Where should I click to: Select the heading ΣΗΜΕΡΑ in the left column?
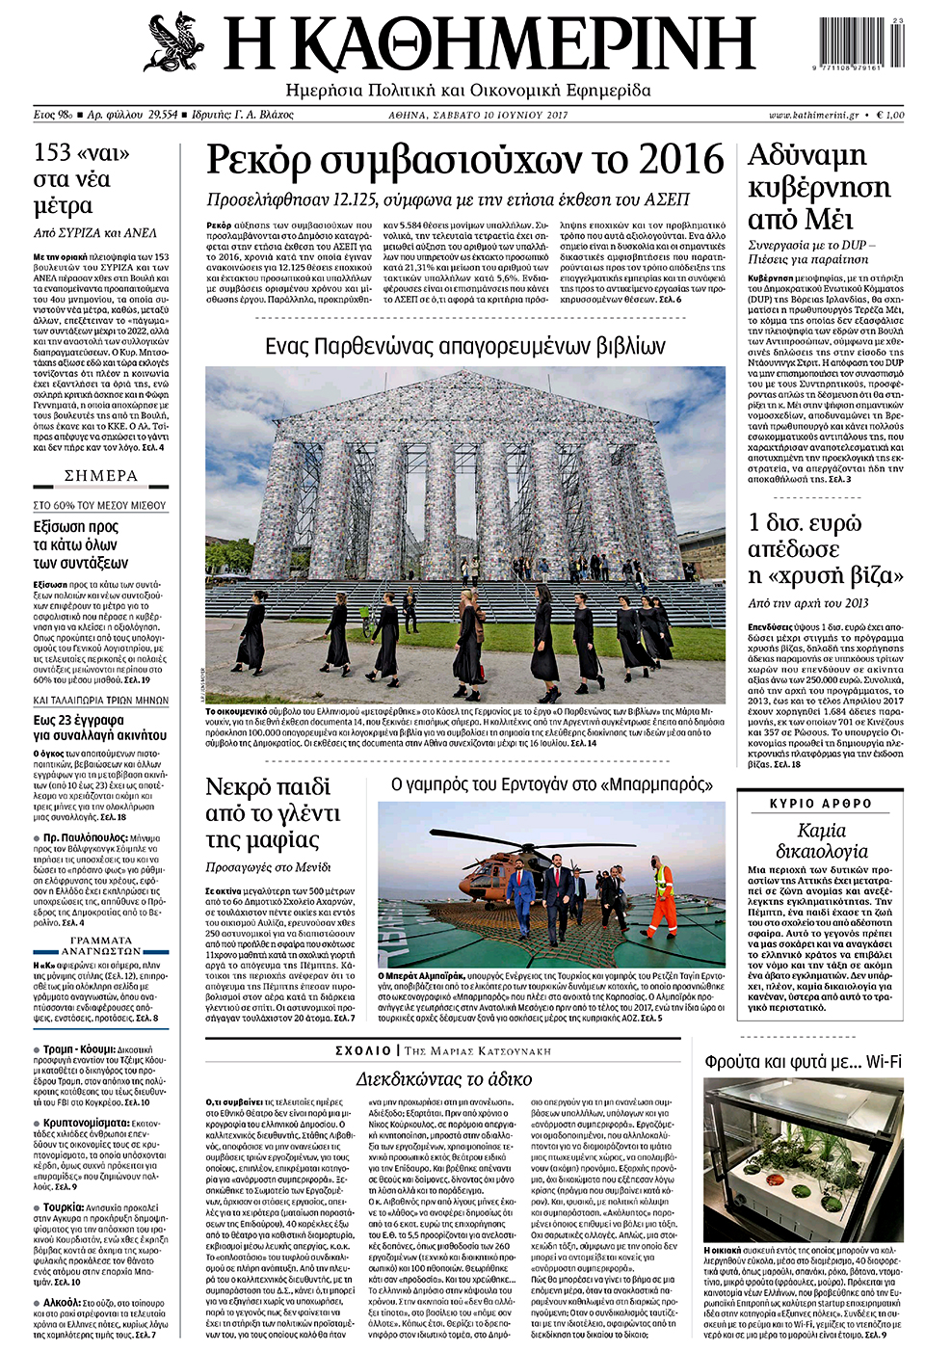(101, 476)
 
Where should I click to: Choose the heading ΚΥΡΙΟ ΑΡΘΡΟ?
(820, 804)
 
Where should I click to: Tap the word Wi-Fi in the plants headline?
(884, 1062)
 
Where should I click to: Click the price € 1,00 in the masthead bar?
(889, 115)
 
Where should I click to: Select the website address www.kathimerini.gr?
(814, 115)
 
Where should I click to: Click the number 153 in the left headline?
(52, 153)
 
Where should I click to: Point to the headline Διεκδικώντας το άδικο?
(443, 1078)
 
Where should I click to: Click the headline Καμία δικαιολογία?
(821, 840)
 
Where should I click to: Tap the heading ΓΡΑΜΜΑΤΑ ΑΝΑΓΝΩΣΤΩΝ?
(101, 945)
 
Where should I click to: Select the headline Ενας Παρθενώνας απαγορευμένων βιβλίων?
(464, 346)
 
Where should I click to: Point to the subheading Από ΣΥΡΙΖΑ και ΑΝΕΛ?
(94, 232)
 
